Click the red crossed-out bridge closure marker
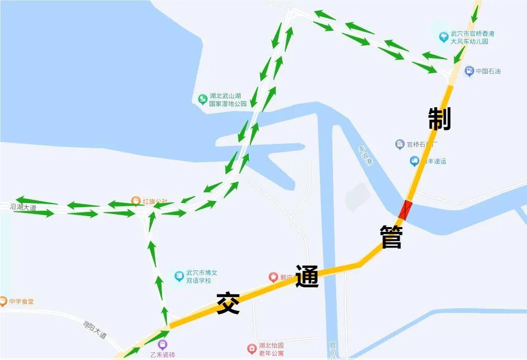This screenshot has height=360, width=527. pyautogui.click(x=406, y=209)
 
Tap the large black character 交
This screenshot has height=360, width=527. pyautogui.click(x=228, y=303)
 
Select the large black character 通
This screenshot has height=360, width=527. pyautogui.click(x=307, y=276)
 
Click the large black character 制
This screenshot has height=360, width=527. pyautogui.click(x=439, y=119)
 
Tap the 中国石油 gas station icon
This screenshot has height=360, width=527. pyautogui.click(x=469, y=71)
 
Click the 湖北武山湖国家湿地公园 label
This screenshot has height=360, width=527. pyautogui.click(x=228, y=100)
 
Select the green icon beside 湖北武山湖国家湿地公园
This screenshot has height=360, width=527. pyautogui.click(x=202, y=99)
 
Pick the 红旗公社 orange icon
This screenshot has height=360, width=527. pyautogui.click(x=135, y=201)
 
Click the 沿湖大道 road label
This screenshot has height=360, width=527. pyautogui.click(x=23, y=208)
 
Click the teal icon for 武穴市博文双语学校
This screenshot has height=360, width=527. pyautogui.click(x=178, y=276)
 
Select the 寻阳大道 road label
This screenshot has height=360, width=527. pyautogui.click(x=95, y=329)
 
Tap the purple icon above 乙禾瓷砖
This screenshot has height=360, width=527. pyautogui.click(x=163, y=344)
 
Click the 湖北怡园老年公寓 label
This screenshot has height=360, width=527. pyautogui.click(x=271, y=349)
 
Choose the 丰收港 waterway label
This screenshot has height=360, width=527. pyautogui.click(x=365, y=155)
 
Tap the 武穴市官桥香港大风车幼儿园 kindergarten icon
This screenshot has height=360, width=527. pyautogui.click(x=443, y=37)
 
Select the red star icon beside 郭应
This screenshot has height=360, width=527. pyautogui.click(x=273, y=277)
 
